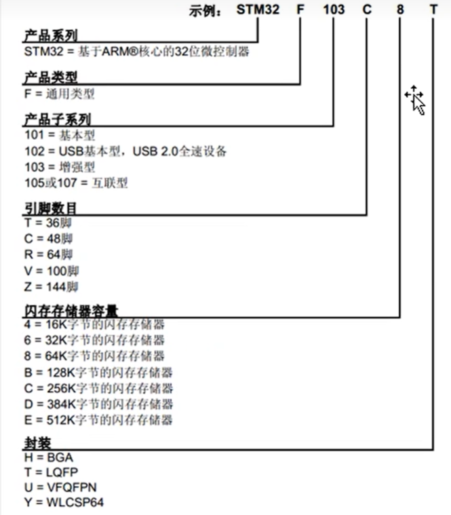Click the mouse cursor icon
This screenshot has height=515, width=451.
point(416,101)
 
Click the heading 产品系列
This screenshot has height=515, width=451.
point(50,35)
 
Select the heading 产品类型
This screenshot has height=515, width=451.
point(50,77)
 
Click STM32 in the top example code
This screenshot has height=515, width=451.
point(258,9)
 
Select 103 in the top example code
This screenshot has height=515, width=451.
point(334,9)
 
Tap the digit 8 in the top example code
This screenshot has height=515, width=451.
point(400,9)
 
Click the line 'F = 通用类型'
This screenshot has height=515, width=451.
point(59,94)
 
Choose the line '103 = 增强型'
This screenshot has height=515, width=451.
point(60,167)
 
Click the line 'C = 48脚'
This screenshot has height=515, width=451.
point(48,239)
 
